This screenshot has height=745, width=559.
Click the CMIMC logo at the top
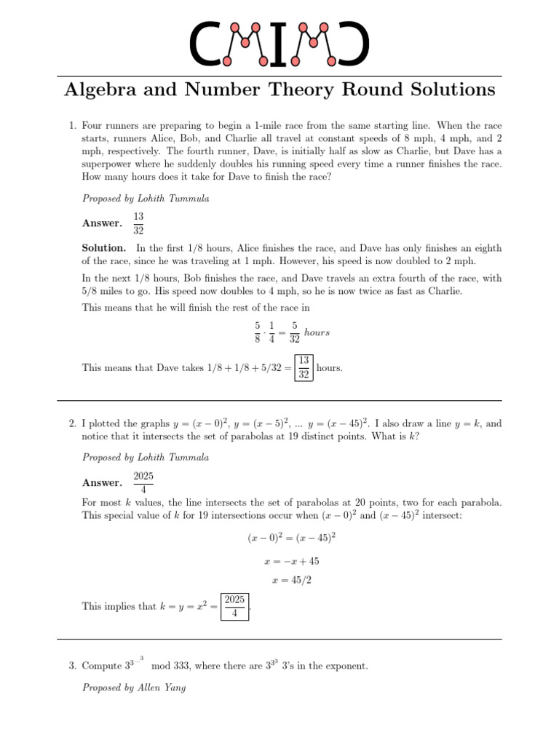[x=279, y=43]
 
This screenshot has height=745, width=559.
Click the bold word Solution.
[x=104, y=248]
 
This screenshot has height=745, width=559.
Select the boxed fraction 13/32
[x=304, y=367]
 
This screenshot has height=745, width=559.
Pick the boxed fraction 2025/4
[x=235, y=606]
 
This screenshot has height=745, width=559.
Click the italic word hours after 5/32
[x=317, y=332]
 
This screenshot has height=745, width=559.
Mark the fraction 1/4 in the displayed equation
[x=271, y=332]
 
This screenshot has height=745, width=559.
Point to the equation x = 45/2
[x=291, y=581]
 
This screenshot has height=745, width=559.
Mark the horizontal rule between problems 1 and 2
[x=279, y=401]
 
